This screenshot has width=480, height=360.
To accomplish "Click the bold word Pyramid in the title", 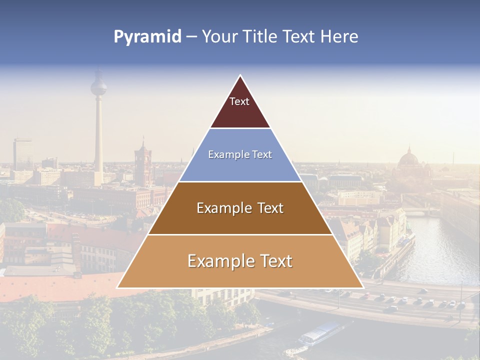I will (x=147, y=36).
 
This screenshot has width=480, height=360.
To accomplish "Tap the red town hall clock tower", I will (x=143, y=162).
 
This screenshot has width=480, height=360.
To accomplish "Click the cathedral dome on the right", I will (x=408, y=159).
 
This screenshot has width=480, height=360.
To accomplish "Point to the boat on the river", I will (x=320, y=334).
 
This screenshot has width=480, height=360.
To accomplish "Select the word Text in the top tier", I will (x=239, y=101).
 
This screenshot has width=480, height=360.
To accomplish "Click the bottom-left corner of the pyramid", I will (x=117, y=287).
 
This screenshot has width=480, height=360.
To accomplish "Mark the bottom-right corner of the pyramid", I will (x=363, y=287).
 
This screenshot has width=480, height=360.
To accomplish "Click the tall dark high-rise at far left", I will (x=22, y=154).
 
